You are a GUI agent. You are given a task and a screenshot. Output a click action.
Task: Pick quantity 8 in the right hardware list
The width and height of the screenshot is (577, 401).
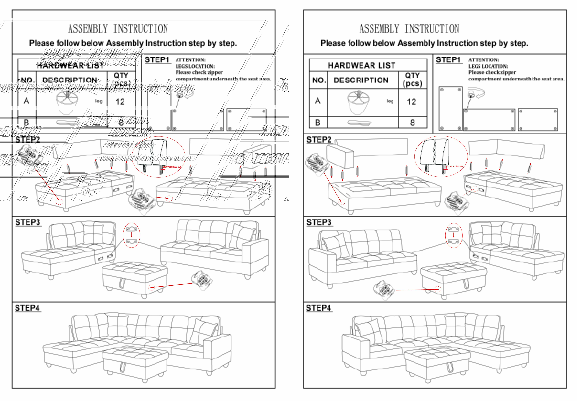click(x=412, y=123)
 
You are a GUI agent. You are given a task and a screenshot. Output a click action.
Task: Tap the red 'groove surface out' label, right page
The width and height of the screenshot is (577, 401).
click(x=454, y=166)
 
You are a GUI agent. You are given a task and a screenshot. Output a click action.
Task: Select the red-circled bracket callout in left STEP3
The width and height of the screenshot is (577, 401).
click(x=131, y=235)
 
